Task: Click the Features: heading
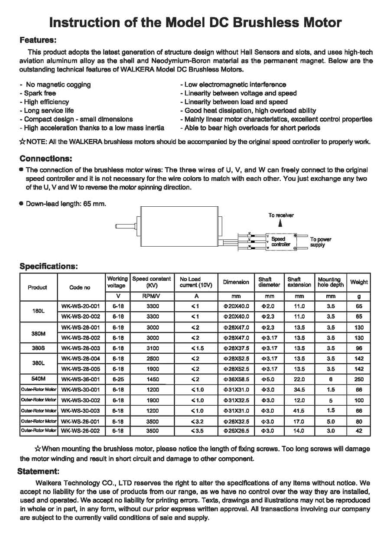38,40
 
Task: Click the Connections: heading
46,158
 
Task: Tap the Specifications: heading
49,266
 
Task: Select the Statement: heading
38,471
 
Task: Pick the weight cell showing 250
359,379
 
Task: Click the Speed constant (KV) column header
151,282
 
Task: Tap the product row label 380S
38,348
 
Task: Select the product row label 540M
38,379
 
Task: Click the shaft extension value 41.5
299,410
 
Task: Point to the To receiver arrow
280,223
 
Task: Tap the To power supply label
321,242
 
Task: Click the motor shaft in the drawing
126,226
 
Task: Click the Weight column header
359,282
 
